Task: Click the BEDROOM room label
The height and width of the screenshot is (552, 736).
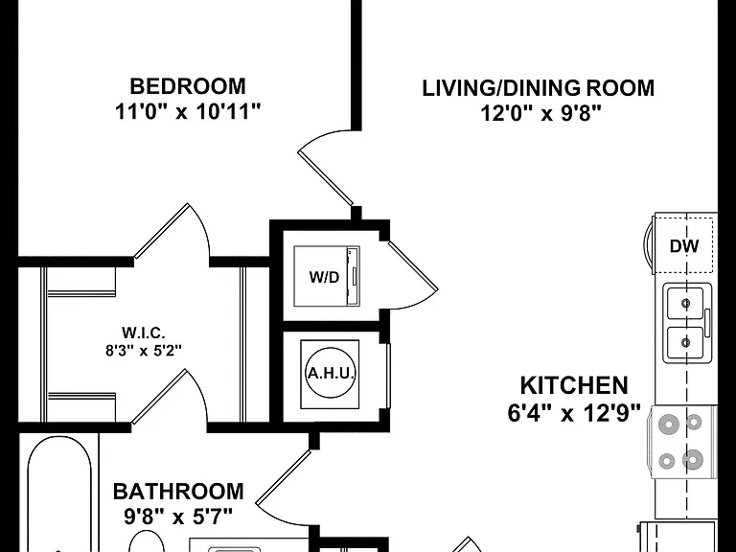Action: tap(188, 86)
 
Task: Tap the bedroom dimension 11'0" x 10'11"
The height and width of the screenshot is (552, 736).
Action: tap(188, 112)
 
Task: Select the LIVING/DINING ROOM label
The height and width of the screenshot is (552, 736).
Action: tap(539, 88)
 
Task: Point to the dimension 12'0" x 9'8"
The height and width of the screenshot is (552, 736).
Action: tap(540, 113)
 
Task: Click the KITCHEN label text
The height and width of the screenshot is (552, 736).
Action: tap(574, 385)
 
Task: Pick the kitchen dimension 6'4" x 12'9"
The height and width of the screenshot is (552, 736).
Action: tap(574, 414)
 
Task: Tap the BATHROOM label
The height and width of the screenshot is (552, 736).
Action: tap(178, 492)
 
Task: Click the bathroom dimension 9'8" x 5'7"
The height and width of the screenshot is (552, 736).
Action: tap(178, 517)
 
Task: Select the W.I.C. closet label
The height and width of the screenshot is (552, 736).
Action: tap(144, 333)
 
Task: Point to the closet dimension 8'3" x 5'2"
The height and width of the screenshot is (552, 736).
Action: tap(144, 350)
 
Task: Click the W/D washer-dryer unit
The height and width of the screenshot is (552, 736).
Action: tap(327, 276)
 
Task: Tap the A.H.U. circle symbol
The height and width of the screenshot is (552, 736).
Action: tap(330, 374)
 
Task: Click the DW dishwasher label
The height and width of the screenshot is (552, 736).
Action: tap(684, 246)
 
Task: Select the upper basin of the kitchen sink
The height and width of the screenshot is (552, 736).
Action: tap(685, 303)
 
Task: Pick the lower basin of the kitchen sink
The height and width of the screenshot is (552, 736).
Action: tap(685, 343)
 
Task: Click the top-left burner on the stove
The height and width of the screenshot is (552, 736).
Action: tap(668, 425)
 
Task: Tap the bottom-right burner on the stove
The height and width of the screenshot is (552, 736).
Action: tap(692, 460)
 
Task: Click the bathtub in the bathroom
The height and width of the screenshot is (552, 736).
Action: tap(59, 494)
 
